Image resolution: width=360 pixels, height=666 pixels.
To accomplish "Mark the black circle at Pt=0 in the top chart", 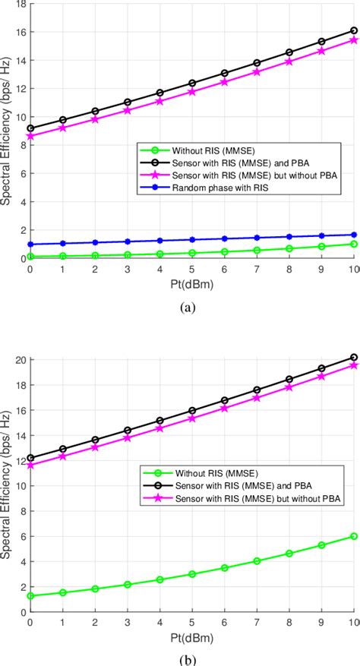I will pos(30,128).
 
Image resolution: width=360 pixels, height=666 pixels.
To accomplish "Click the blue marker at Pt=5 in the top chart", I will pos(192,240).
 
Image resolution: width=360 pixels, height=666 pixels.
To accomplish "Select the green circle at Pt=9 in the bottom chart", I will pos(321,545).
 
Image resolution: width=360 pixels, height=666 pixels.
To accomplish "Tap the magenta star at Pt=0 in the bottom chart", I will pos(30,465).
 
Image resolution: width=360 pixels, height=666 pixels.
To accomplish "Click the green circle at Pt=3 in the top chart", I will pos(128,255).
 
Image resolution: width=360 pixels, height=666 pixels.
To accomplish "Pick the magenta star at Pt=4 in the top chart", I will pos(159,101).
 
